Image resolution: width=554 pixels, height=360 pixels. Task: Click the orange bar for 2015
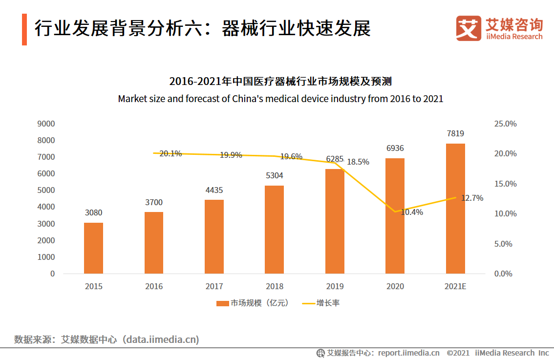(x=93, y=248)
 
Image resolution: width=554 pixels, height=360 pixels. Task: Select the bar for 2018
(x=274, y=229)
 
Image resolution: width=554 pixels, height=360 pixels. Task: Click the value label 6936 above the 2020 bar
(x=395, y=148)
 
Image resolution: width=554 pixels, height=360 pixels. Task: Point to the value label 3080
(x=93, y=212)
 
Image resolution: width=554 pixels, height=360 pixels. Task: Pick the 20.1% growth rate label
(x=170, y=153)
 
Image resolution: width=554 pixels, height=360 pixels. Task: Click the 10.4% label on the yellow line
(x=412, y=212)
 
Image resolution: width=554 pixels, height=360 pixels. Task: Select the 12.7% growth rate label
(x=472, y=198)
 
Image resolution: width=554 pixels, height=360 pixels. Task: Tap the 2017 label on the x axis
(x=214, y=286)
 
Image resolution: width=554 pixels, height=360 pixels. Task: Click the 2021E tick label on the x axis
(x=455, y=286)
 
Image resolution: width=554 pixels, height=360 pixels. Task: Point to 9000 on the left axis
(x=46, y=124)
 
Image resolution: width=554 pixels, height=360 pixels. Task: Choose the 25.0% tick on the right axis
(x=505, y=124)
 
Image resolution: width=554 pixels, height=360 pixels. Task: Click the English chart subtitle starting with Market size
(x=280, y=99)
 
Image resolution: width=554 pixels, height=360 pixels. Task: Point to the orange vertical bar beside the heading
(x=24, y=29)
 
